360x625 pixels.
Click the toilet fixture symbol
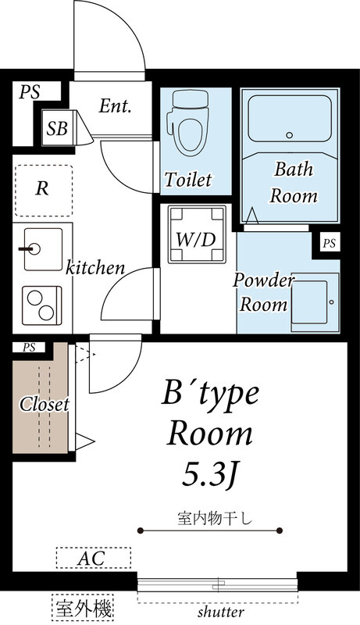188,123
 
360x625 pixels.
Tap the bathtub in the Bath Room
290,118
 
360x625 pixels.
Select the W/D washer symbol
197,234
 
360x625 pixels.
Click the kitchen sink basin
43,249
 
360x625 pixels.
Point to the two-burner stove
42,305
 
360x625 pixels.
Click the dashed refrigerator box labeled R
44,191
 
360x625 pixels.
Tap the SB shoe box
57,128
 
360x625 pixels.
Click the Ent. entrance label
115,106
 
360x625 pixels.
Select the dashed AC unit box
94,558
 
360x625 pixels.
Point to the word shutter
221,612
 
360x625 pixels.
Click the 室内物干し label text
215,519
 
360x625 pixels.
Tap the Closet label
45,405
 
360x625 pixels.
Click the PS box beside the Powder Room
329,243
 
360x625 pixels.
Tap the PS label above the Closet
29,348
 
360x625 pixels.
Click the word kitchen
94,267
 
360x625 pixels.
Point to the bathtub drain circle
290,135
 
